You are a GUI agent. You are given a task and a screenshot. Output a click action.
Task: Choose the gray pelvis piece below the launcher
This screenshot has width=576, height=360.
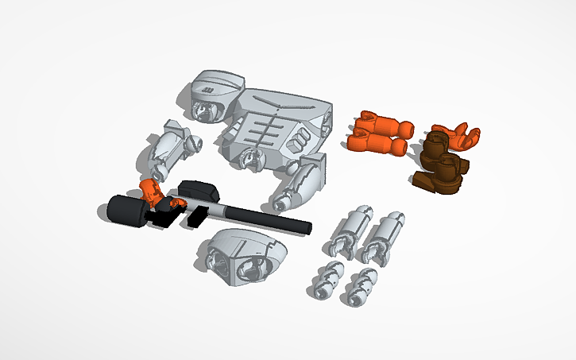pos(242,257)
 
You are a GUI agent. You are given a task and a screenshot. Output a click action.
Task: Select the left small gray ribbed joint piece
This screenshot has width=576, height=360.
pos(327,277)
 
